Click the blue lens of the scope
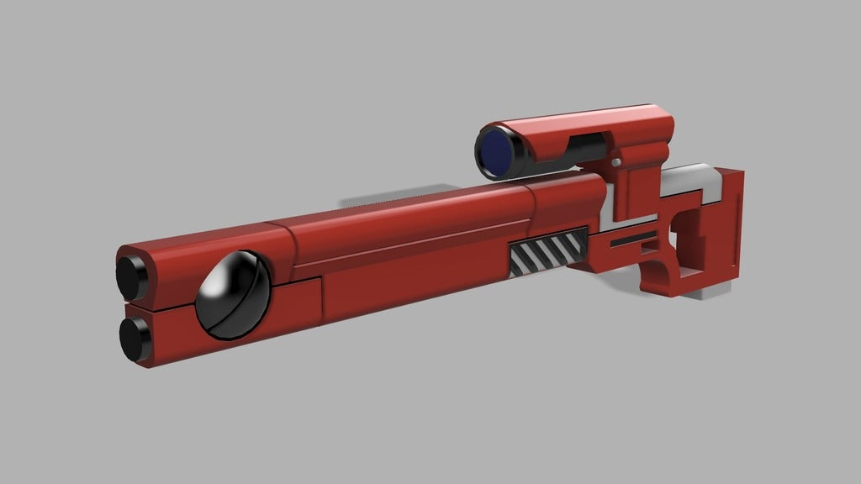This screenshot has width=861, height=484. pyautogui.click(x=499, y=150)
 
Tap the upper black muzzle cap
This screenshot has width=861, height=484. pyautogui.click(x=131, y=276)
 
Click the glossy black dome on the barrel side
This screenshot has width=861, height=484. pyautogui.click(x=233, y=296)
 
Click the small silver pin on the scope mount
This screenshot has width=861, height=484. pyautogui.click(x=617, y=162)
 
